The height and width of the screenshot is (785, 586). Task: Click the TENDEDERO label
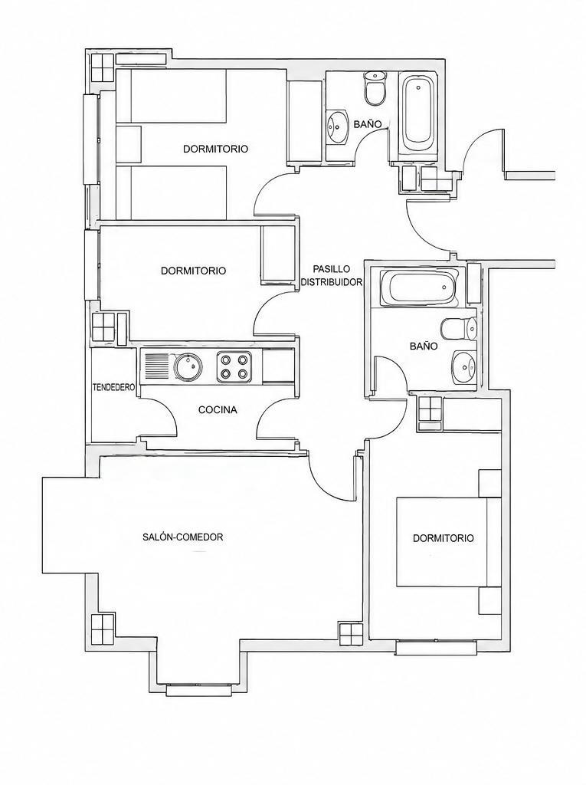pyautogui.click(x=115, y=387)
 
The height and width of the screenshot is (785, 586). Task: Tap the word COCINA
pyautogui.click(x=218, y=410)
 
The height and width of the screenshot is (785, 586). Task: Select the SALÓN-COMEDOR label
pyautogui.click(x=182, y=537)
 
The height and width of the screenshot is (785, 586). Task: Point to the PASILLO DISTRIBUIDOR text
pyautogui.click(x=331, y=275)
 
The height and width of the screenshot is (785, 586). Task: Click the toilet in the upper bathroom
pyautogui.click(x=375, y=87)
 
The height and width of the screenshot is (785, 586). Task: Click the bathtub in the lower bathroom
pyautogui.click(x=419, y=288)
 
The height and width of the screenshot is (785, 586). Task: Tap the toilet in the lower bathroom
pyautogui.click(x=459, y=329)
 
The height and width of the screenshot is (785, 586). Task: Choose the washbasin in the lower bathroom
pyautogui.click(x=465, y=368)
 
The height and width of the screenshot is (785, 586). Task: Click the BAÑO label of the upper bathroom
pyautogui.click(x=368, y=123)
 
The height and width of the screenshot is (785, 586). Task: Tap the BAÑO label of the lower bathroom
pyautogui.click(x=424, y=346)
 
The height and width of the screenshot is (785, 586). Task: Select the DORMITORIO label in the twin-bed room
pyautogui.click(x=216, y=149)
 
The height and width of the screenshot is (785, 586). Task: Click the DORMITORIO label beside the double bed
pyautogui.click(x=443, y=538)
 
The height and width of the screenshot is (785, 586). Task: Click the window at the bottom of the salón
pyautogui.click(x=200, y=691)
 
